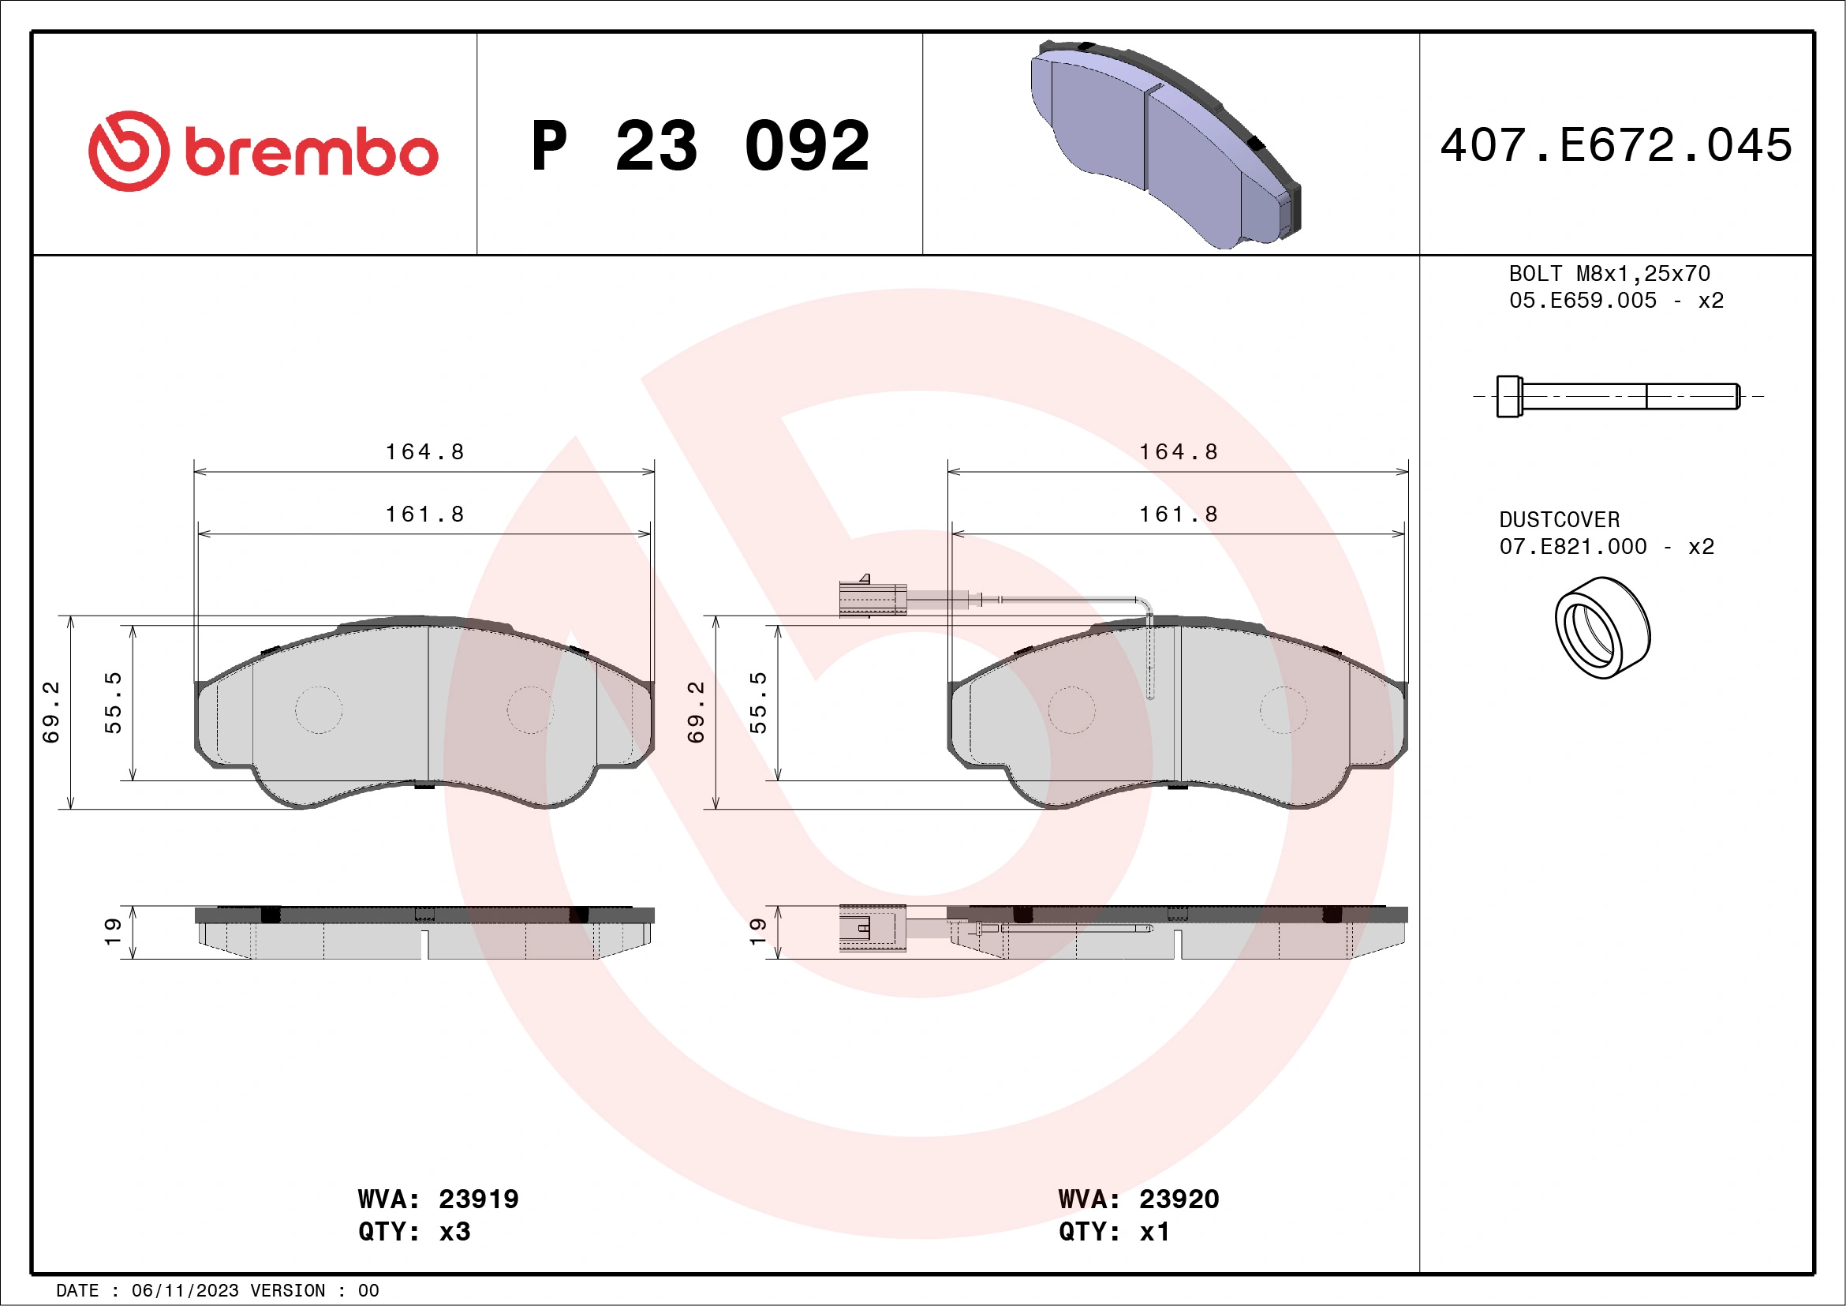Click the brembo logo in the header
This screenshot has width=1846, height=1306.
click(263, 152)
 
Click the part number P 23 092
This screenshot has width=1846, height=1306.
click(701, 146)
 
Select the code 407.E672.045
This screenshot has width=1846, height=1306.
click(1616, 145)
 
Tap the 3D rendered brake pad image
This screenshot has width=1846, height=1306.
click(1166, 144)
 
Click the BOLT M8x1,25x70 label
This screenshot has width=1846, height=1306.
click(1609, 273)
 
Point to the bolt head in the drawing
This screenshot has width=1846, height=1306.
click(1508, 396)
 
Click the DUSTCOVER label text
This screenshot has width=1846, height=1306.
click(1559, 520)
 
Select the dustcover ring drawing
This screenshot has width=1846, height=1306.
click(1601, 628)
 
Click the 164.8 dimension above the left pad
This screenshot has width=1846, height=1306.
click(424, 452)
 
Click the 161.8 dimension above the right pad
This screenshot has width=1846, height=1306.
click(1178, 514)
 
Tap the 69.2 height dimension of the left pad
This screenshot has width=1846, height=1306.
click(50, 712)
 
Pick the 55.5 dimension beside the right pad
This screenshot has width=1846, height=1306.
click(758, 703)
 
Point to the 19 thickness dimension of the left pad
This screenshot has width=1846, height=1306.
click(113, 931)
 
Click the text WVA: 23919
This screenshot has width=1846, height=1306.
click(438, 1199)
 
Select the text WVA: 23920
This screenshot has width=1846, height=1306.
click(1138, 1199)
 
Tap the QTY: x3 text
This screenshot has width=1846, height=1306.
click(414, 1231)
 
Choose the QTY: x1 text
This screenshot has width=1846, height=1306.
click(1114, 1231)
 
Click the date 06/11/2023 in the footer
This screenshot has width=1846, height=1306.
click(185, 1291)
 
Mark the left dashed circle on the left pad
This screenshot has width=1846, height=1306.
click(319, 710)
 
